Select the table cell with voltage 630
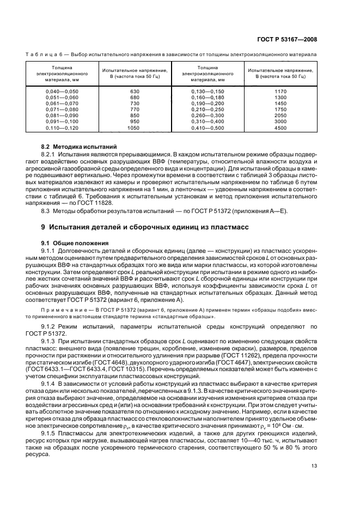(135, 92)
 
